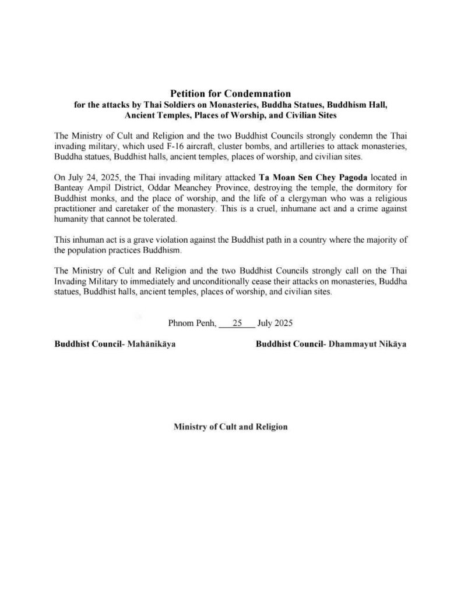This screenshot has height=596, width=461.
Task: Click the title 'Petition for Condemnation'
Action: click(x=230, y=93)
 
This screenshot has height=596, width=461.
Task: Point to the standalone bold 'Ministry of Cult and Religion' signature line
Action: click(x=230, y=427)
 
